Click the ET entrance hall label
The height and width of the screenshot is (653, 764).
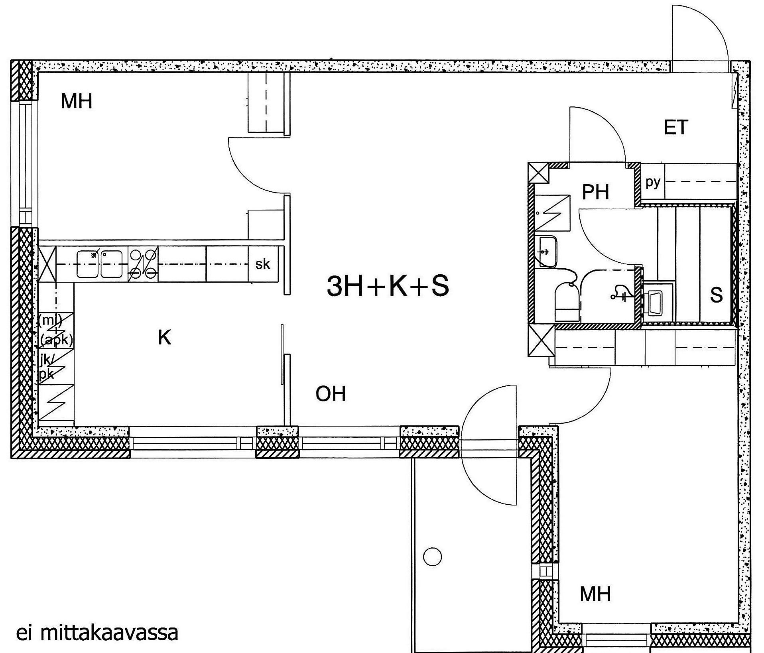[x=676, y=128]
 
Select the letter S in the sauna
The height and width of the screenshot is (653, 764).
[x=716, y=295]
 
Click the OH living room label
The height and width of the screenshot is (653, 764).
[x=331, y=394]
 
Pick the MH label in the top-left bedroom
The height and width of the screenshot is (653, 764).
[x=77, y=101]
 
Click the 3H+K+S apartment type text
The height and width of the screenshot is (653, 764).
[x=388, y=286]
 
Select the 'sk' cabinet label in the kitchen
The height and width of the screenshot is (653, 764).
[x=262, y=264]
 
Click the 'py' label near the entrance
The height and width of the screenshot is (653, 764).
[x=653, y=183]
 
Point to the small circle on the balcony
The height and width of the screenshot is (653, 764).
[x=432, y=557]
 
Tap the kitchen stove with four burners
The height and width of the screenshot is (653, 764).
[x=143, y=264]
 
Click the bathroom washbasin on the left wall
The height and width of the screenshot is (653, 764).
[x=548, y=252]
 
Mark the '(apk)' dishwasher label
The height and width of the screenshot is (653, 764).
[x=57, y=340]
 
